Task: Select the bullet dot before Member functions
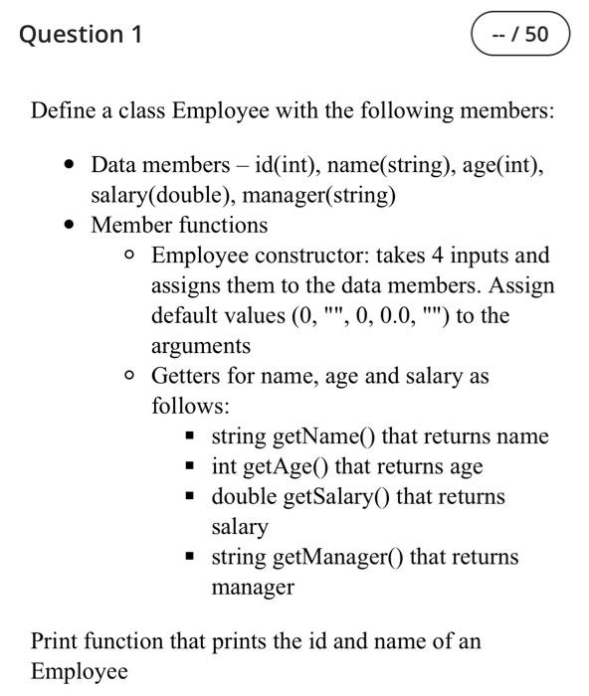[x=67, y=226]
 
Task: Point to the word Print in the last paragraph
[x=54, y=640]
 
